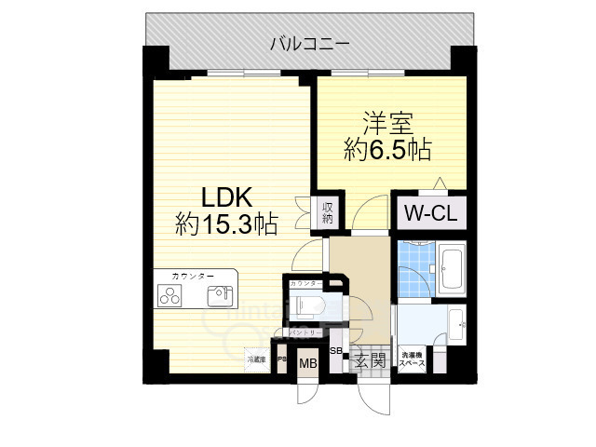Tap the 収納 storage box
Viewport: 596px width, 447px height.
(x=329, y=212)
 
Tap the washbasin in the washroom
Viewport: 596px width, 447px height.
(x=458, y=326)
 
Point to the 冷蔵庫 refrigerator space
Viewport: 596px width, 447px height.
(x=256, y=359)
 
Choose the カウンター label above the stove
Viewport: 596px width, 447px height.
(x=193, y=277)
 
